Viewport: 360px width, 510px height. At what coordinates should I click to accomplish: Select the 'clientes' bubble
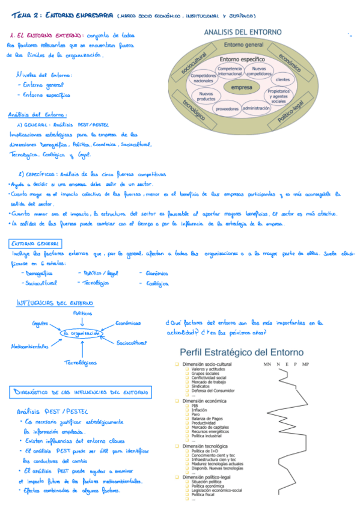282,79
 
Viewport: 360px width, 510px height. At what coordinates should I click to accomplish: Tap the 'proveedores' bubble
227,109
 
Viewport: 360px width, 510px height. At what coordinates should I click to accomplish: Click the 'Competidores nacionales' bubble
204,78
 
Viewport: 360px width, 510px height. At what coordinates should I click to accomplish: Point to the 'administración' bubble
257,108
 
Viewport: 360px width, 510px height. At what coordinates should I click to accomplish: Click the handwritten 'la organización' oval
82,333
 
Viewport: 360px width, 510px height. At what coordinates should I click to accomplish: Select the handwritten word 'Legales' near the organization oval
40,324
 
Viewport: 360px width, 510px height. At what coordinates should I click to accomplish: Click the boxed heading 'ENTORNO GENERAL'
35,244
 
